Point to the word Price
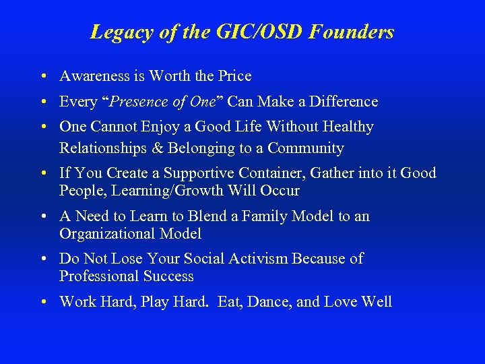click(234, 76)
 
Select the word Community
click(307, 148)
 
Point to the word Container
click(274, 173)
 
